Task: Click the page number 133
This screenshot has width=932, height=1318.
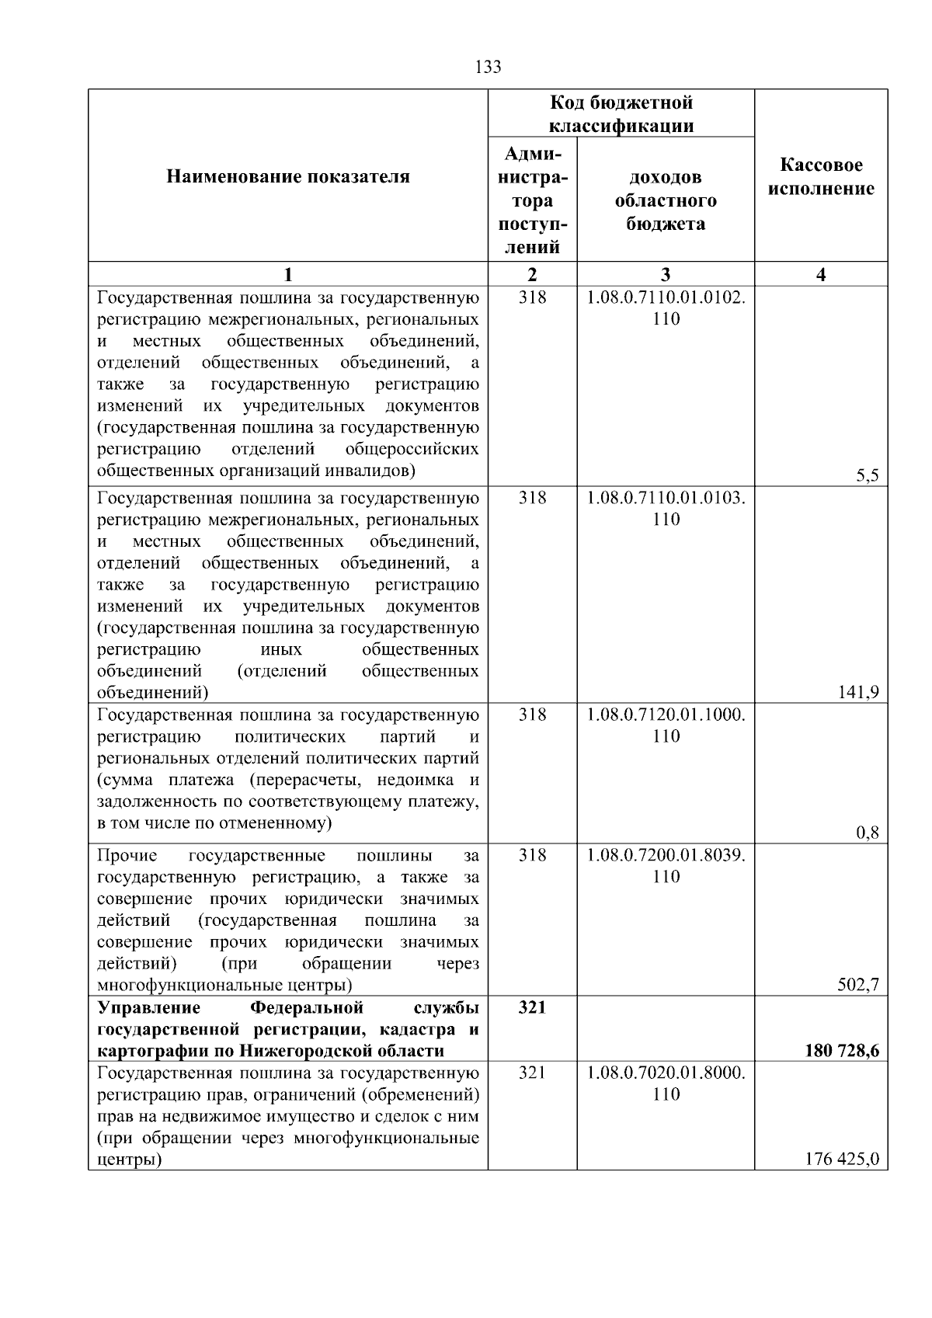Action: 488,67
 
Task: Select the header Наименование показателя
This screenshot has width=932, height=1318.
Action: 288,177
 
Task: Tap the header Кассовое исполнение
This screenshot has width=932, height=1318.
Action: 821,177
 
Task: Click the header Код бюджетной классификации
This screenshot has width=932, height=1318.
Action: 621,114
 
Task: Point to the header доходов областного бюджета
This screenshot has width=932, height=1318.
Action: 666,200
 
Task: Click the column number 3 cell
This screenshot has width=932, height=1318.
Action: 666,274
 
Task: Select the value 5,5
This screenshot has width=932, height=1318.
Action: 867,477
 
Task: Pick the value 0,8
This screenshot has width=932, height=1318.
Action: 867,833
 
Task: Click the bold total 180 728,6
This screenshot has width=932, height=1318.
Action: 842,1051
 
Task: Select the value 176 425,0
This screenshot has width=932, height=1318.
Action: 842,1160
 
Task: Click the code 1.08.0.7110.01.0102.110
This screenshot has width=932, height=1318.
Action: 666,308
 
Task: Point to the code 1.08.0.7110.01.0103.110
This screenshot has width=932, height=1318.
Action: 666,508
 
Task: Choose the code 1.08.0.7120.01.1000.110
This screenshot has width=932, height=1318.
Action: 666,725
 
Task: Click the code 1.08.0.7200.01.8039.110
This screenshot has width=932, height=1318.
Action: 666,865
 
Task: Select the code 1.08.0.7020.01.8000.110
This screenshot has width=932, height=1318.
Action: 666,1083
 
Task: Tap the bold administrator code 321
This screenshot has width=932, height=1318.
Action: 532,1007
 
